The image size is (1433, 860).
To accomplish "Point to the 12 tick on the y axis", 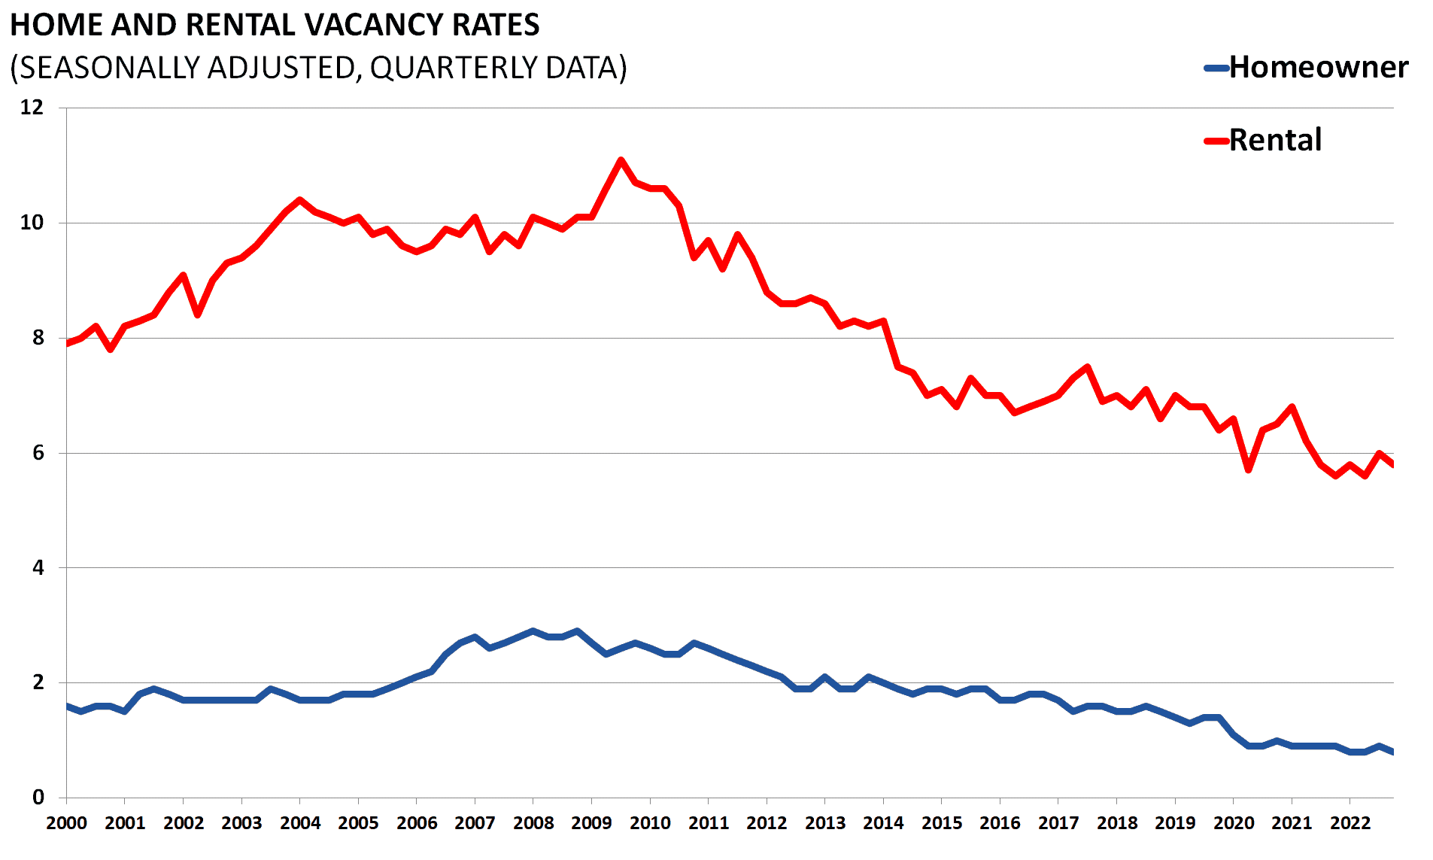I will point(32,108).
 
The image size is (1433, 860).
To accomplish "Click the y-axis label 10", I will point(32,223).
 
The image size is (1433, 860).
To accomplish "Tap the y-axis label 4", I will point(38,568).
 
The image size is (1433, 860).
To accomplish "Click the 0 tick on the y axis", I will point(38,798).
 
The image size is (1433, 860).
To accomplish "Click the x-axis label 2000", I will point(66,823).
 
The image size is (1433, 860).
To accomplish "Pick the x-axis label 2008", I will point(533,823).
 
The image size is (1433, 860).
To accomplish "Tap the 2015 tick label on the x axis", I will point(942,823).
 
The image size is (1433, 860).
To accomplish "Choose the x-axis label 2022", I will point(1350,823).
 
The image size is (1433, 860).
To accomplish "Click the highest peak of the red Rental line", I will point(621,160).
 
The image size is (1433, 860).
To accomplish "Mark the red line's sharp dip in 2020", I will point(1248,470).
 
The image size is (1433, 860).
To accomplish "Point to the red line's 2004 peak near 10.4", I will point(300,200).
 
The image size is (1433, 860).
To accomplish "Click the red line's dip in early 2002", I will point(198,315).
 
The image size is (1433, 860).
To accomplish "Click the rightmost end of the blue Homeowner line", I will point(1393,752).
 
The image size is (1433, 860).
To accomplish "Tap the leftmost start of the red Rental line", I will point(67,344).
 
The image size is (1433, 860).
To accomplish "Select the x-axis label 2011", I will point(709,823).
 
